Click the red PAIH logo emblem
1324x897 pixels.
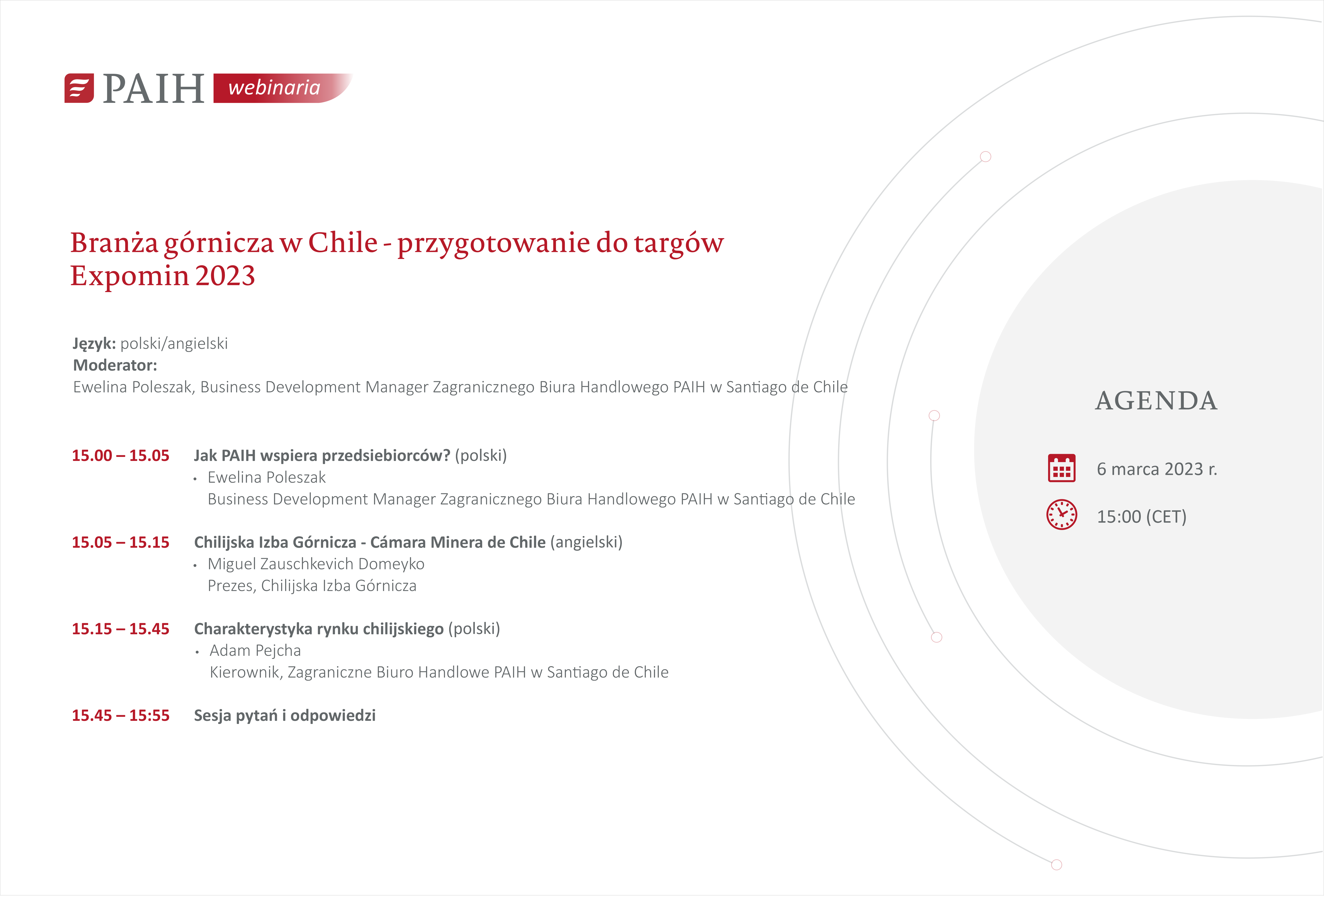click(x=79, y=88)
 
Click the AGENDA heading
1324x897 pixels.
click(x=1157, y=401)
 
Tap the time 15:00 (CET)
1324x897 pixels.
click(x=1142, y=517)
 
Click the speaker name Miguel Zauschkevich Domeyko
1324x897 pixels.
click(x=316, y=564)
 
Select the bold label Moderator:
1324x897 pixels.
click(x=115, y=365)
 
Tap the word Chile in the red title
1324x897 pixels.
click(x=343, y=243)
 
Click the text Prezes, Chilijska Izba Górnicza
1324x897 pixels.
click(x=312, y=586)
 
